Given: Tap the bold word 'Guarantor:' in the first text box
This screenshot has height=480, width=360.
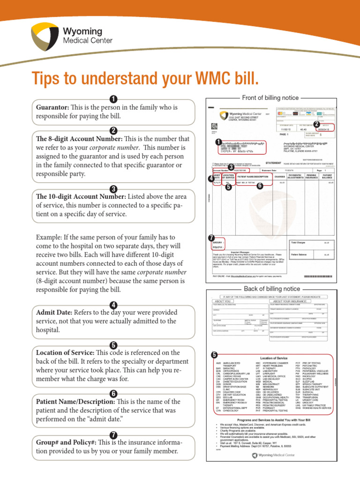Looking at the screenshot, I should (52, 107).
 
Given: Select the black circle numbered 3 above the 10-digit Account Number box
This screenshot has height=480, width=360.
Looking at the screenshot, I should (113, 189).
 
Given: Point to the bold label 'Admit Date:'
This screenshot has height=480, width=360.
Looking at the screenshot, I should (54, 312).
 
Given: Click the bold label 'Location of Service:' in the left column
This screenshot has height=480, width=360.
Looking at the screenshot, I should (65, 352).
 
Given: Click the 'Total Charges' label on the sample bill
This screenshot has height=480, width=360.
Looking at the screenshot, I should (298, 243).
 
